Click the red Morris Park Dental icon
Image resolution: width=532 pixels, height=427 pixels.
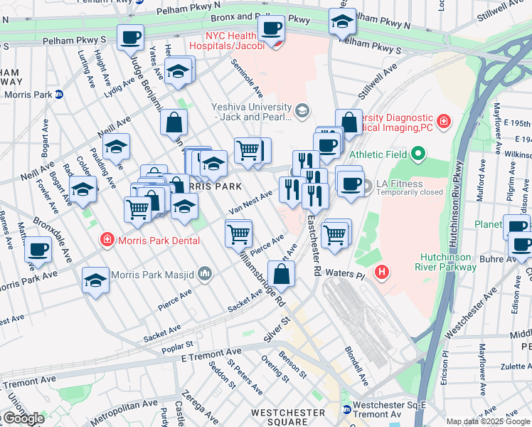(x=107, y=239)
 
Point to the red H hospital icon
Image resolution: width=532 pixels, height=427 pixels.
(x=382, y=271)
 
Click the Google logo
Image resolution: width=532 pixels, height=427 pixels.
(x=23, y=418)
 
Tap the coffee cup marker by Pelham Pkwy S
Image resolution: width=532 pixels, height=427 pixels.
(x=130, y=37)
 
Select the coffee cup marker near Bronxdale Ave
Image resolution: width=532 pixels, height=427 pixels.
(x=38, y=249)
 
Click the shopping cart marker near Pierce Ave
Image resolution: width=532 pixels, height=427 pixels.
(x=238, y=233)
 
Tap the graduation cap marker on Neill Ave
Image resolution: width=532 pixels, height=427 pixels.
(x=116, y=147)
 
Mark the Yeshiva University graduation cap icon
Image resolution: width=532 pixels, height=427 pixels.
(x=302, y=110)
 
